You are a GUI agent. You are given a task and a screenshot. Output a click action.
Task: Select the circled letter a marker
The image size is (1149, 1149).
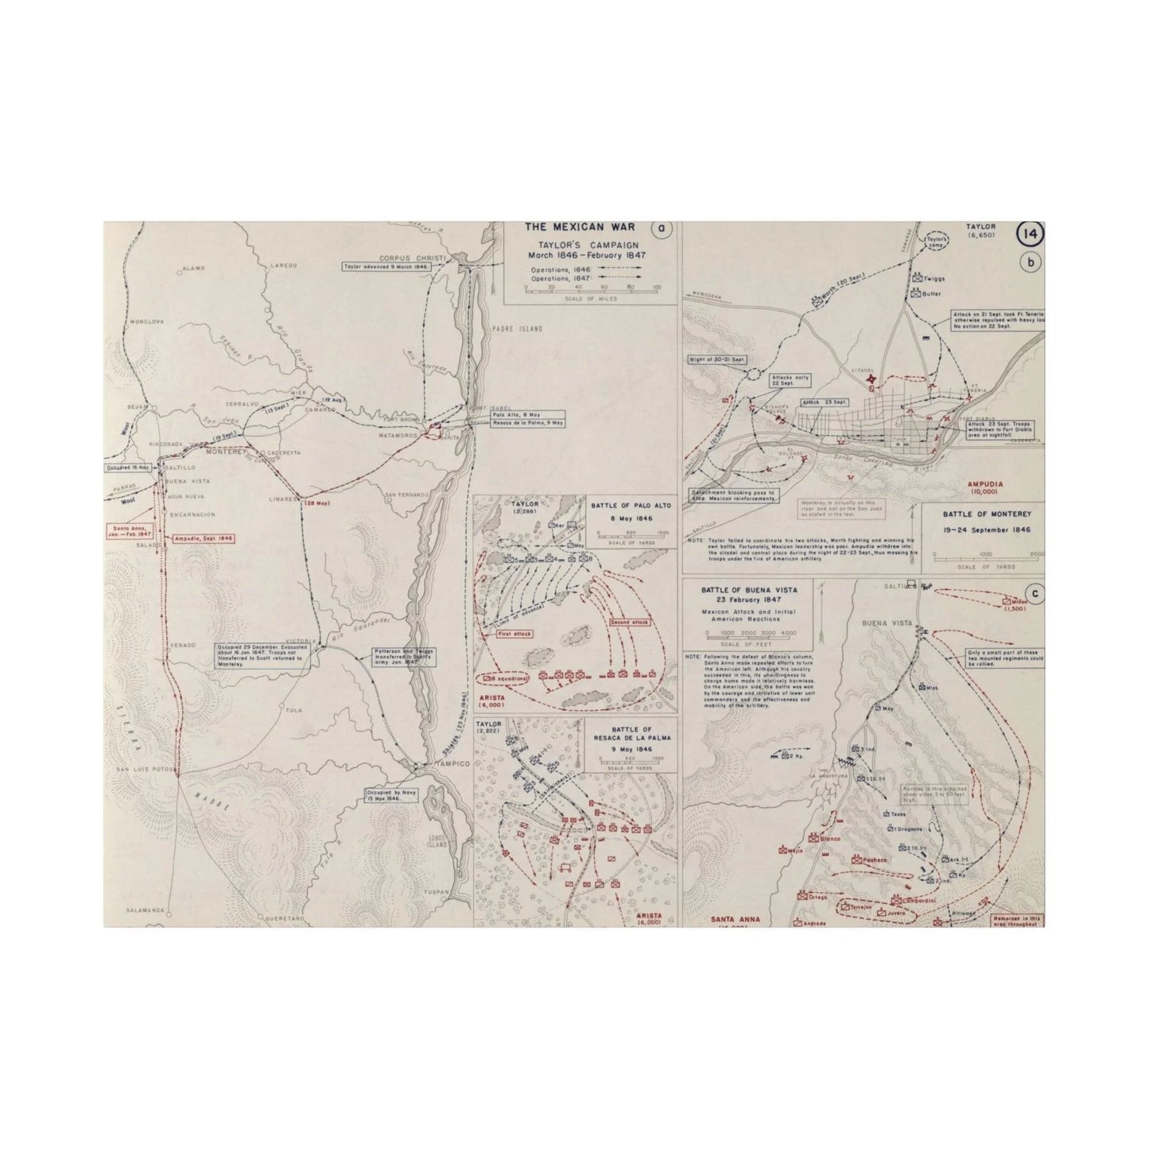[660, 229]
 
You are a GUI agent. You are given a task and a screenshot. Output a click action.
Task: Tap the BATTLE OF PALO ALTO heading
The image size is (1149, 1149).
[632, 504]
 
